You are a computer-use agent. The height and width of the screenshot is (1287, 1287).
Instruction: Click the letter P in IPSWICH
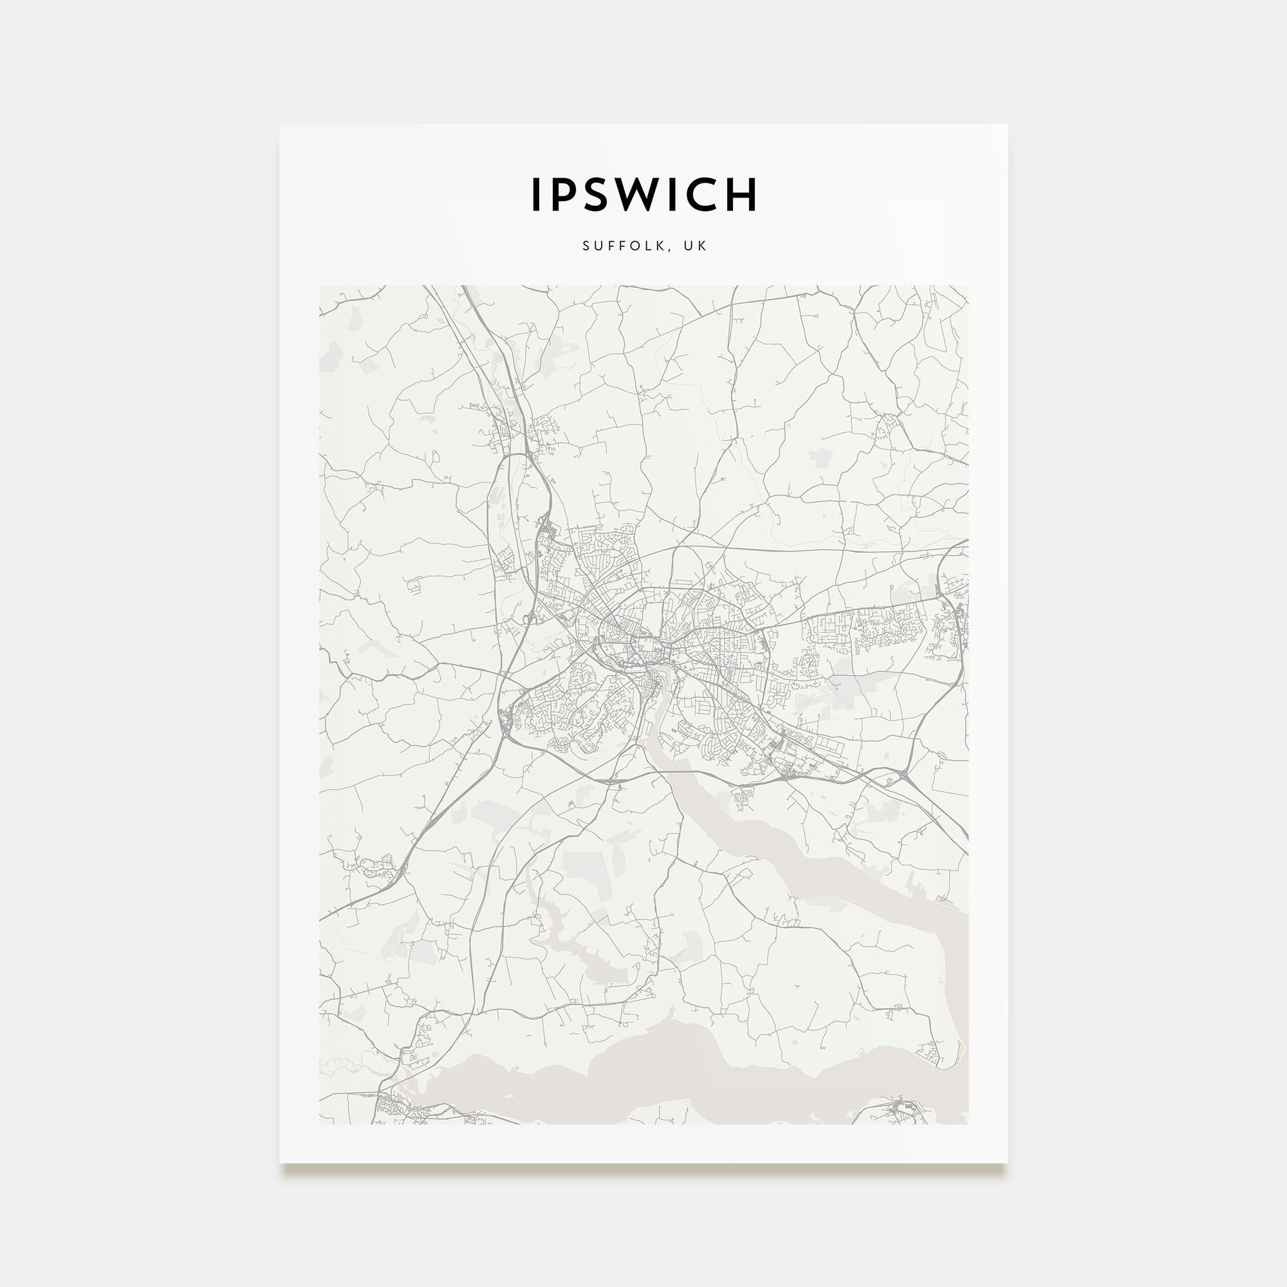(x=562, y=194)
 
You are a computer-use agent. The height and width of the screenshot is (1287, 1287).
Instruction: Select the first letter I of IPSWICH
(x=535, y=194)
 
